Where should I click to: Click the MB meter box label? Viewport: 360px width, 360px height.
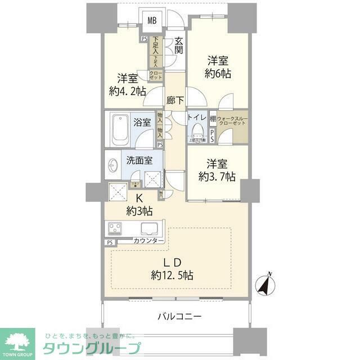click(152, 21)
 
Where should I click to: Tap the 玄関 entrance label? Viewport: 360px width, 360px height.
click(178, 45)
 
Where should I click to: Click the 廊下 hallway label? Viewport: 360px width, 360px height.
click(175, 101)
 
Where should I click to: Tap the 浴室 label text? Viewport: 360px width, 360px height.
click(142, 122)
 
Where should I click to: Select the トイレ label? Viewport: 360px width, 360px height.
click(196, 119)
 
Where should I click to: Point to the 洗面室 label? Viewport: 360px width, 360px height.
click(139, 160)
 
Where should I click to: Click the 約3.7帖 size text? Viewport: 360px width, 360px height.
click(217, 176)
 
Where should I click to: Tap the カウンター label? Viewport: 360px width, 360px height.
click(149, 241)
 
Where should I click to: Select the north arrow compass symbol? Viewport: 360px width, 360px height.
click(265, 285)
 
